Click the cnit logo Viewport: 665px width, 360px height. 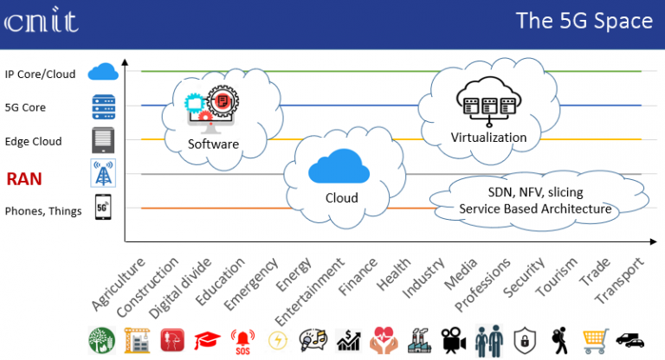pyautogui.click(x=42, y=20)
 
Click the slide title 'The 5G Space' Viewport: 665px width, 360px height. pyautogui.click(x=584, y=21)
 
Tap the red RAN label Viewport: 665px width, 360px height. pyautogui.click(x=24, y=179)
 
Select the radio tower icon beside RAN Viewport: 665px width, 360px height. pyautogui.click(x=103, y=173)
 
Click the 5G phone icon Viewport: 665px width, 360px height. pyautogui.click(x=103, y=207)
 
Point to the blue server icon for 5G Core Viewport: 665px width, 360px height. pyautogui.click(x=104, y=106)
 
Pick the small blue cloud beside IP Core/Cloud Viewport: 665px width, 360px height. pyautogui.click(x=103, y=72)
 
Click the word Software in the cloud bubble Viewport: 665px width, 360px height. pyautogui.click(x=213, y=145)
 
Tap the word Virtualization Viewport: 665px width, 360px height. pyautogui.click(x=488, y=138)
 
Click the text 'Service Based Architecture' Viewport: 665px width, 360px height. pyautogui.click(x=535, y=209)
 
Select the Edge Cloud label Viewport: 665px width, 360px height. pyautogui.click(x=33, y=141)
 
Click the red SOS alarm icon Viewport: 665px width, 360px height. pyautogui.click(x=242, y=341)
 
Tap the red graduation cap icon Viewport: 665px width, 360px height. pyautogui.click(x=208, y=340)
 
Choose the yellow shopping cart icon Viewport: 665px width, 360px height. pyautogui.click(x=595, y=341)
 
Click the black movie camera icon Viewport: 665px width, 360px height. pyautogui.click(x=453, y=340)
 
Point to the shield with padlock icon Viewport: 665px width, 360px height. pyautogui.click(x=525, y=340)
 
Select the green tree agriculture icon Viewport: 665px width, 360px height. pyautogui.click(x=102, y=340)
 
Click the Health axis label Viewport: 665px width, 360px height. pyautogui.click(x=394, y=274)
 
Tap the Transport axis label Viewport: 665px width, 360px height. pyautogui.click(x=619, y=280)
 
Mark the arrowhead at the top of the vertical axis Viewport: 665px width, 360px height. pyautogui.click(x=125, y=62)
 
